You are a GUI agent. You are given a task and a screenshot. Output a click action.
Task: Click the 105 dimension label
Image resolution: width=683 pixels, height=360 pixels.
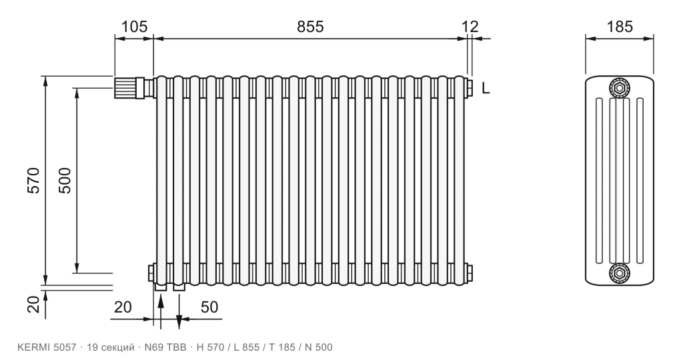coord(134,27)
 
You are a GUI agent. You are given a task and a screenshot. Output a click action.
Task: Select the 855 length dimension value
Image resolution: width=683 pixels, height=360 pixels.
coord(311,27)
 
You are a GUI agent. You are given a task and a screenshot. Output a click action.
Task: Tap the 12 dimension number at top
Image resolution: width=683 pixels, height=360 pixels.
coord(470,27)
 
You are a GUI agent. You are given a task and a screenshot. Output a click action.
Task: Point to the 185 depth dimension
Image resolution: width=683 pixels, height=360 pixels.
coord(620,27)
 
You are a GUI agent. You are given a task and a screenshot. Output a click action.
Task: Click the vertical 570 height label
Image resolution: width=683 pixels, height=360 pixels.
coord(33,180)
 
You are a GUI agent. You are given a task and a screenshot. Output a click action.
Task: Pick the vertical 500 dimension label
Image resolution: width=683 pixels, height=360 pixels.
coord(65,180)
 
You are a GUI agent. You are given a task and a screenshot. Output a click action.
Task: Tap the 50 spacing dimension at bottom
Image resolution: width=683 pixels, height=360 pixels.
coord(209,307)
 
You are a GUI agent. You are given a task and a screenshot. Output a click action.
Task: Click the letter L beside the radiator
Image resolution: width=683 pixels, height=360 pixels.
coord(486,89)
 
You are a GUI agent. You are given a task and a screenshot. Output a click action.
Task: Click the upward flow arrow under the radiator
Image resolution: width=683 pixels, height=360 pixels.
coord(161,311)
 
